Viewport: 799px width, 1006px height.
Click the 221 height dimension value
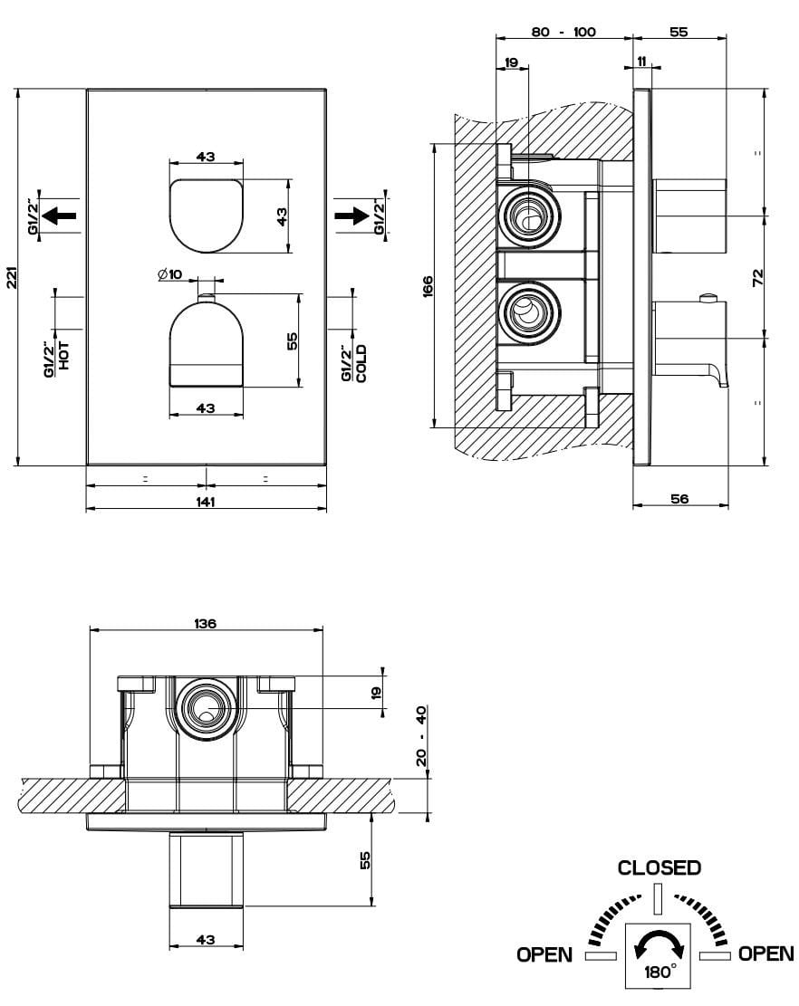point(10,278)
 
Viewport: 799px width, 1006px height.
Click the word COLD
point(361,362)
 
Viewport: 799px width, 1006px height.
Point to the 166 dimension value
point(428,287)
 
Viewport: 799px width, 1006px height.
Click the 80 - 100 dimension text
point(563,32)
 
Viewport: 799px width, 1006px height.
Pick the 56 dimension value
point(679,498)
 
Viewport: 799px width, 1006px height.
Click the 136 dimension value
point(206,624)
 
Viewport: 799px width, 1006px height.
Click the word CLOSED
point(659,867)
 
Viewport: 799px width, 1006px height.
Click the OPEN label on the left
point(544,953)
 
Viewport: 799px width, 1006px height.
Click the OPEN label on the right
point(765,953)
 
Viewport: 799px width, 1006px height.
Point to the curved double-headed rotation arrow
point(659,945)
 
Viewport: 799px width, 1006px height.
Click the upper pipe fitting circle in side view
point(526,216)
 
